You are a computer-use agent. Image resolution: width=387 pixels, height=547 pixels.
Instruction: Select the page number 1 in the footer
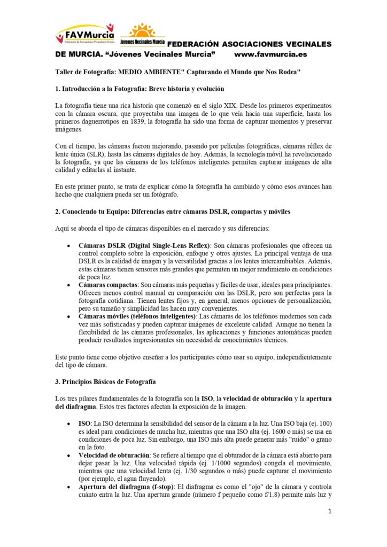[330, 511]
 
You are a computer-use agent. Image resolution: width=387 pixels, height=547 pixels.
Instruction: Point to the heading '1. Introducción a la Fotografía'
[140, 89]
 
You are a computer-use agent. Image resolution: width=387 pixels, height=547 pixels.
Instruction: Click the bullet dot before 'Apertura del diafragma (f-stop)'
[66, 488]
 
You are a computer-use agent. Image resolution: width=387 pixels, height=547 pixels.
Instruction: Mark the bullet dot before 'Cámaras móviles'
[66, 317]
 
